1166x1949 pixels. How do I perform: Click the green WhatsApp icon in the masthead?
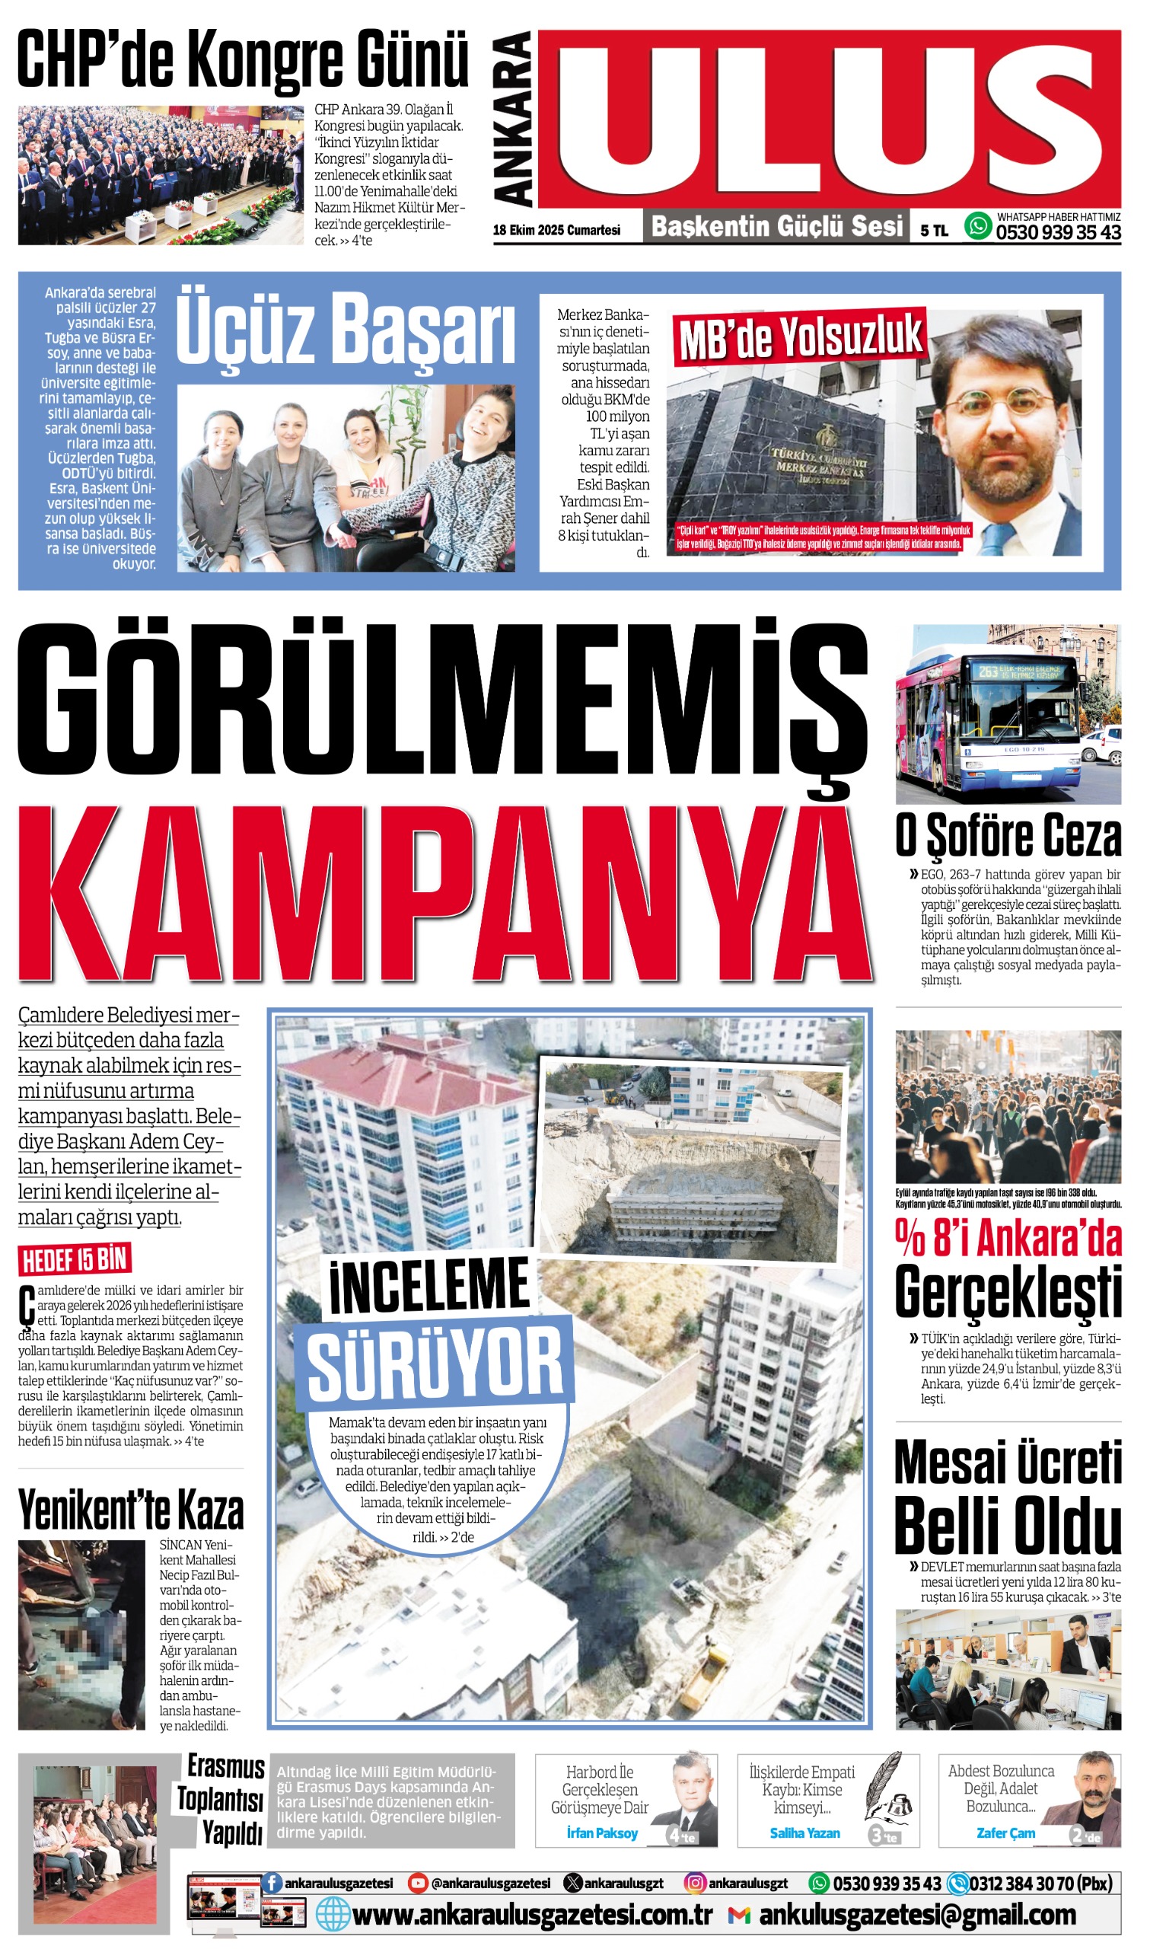click(x=977, y=226)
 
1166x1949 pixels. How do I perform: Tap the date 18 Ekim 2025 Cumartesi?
click(x=556, y=230)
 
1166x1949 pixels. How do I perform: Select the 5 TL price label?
click(x=933, y=230)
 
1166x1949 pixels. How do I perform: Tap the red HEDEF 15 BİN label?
click(x=75, y=1260)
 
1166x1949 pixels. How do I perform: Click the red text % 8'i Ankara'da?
click(x=1007, y=1239)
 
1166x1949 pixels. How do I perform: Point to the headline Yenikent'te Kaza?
click(x=130, y=1510)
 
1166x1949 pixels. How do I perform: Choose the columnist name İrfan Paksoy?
click(x=602, y=1833)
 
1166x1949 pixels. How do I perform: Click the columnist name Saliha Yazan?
click(x=804, y=1833)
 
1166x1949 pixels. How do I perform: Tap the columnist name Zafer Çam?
click(x=1005, y=1833)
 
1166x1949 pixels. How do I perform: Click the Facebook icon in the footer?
click(x=272, y=1883)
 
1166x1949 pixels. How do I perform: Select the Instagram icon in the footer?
click(x=695, y=1883)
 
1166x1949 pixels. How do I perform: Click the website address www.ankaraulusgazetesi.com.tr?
click(x=532, y=1916)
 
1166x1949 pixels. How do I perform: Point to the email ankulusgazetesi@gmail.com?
click(x=917, y=1916)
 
